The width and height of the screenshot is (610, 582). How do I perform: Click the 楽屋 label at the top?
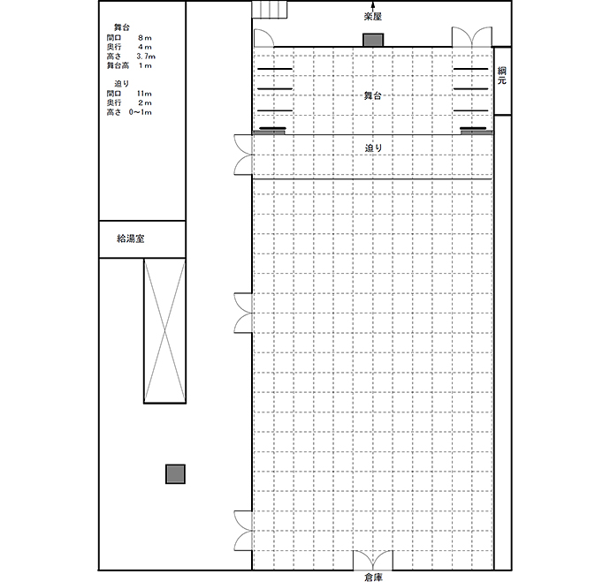click(x=373, y=17)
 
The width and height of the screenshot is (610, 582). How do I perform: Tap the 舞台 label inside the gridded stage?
click(x=372, y=95)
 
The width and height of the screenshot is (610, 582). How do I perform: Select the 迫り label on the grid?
click(x=373, y=148)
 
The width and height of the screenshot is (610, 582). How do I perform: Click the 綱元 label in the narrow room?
click(x=502, y=76)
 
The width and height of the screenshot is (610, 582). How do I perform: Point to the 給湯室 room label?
click(x=131, y=238)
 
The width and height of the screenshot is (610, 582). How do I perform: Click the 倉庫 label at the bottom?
click(x=373, y=577)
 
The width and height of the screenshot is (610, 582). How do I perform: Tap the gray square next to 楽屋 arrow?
click(x=373, y=40)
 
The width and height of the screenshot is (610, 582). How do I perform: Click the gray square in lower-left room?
click(x=175, y=474)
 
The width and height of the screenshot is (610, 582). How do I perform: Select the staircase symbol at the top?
click(x=270, y=10)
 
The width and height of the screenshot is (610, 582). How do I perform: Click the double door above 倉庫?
click(x=373, y=560)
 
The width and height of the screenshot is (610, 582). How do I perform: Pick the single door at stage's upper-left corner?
click(x=263, y=38)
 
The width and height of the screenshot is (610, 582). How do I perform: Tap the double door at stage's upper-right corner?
click(x=471, y=37)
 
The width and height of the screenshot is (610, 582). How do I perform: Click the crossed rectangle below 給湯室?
click(x=165, y=331)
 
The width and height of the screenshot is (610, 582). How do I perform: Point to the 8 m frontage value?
click(x=145, y=38)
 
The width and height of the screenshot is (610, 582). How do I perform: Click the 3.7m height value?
click(x=146, y=57)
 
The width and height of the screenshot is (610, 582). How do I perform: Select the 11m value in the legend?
click(x=144, y=94)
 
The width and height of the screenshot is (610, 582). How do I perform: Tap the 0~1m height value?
click(x=141, y=112)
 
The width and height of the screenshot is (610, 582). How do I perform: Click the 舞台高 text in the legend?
click(x=118, y=65)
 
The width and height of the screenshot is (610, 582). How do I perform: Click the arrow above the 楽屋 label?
click(x=373, y=6)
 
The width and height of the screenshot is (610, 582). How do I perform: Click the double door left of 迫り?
click(x=243, y=155)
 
